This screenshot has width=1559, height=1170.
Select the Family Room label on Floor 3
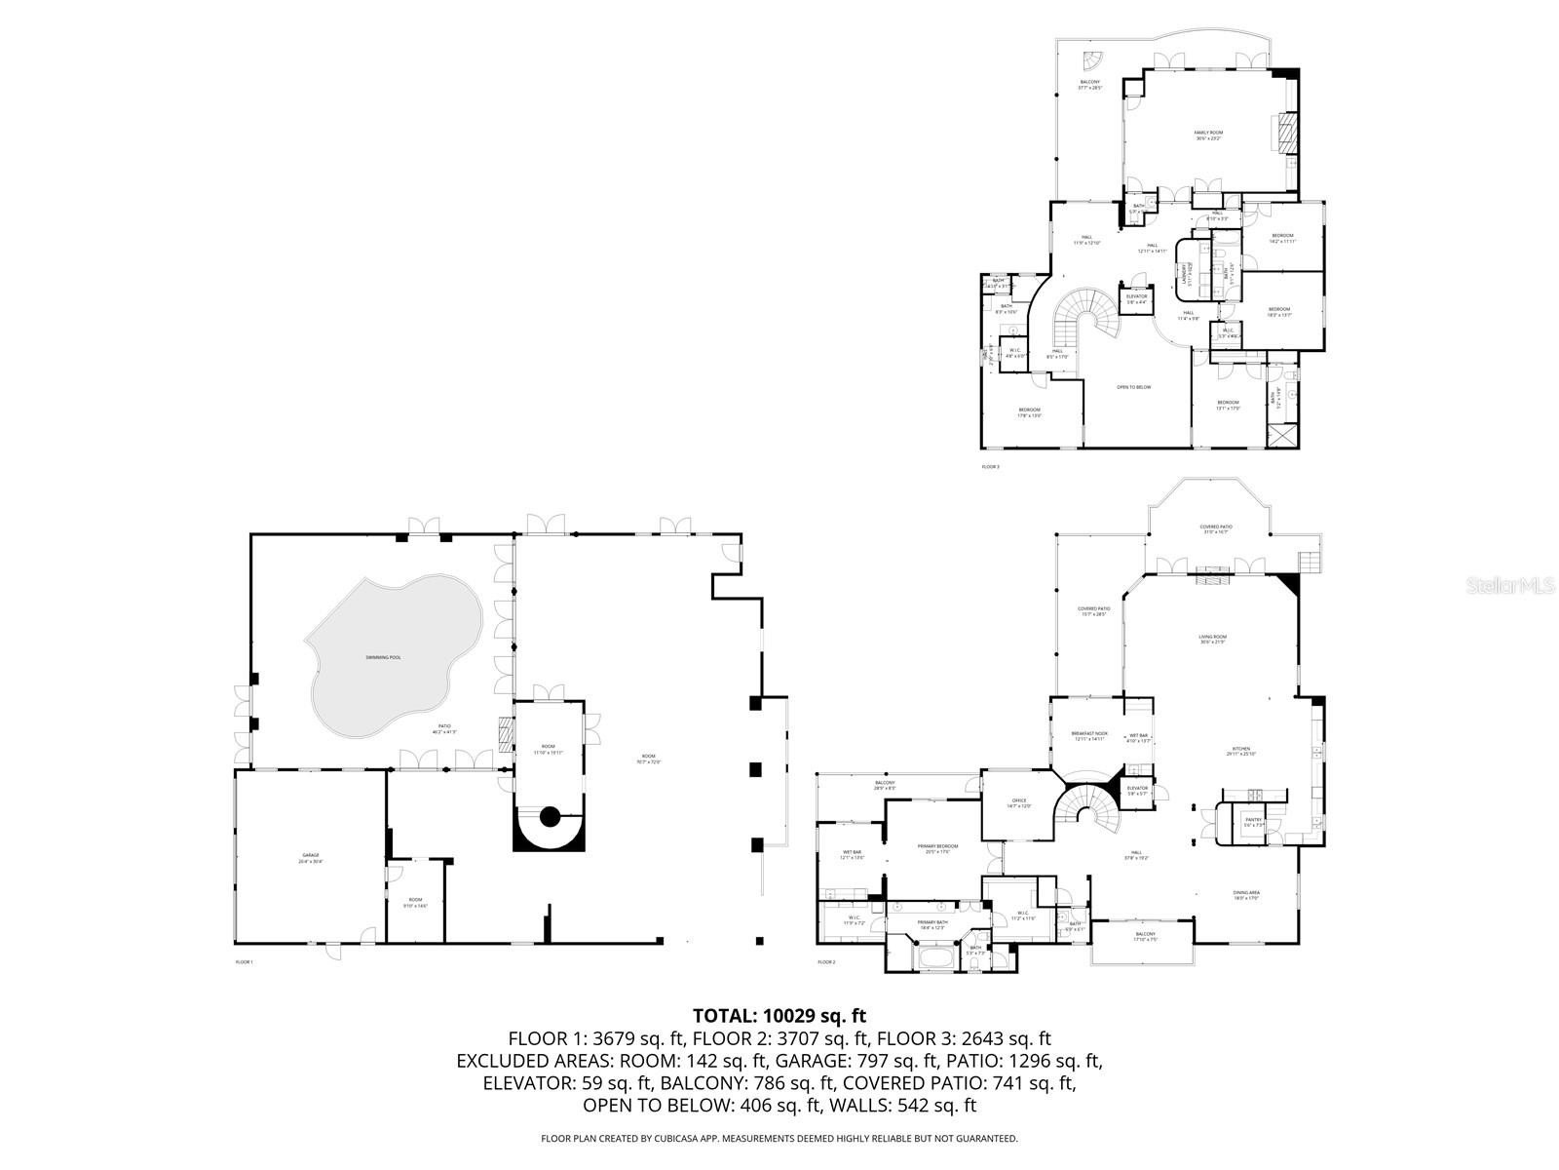(1208, 135)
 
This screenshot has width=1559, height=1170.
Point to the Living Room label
(1212, 639)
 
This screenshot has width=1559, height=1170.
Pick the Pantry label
(1253, 821)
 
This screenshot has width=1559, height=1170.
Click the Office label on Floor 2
(1018, 802)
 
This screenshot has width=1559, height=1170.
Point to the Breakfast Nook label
(1089, 735)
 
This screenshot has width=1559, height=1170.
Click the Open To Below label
(1133, 387)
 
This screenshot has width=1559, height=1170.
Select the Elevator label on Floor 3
(1136, 297)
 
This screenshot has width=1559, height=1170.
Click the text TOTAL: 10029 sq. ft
(779, 1015)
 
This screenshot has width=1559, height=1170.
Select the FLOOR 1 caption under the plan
(244, 962)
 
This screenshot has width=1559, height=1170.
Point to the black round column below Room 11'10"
(549, 816)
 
